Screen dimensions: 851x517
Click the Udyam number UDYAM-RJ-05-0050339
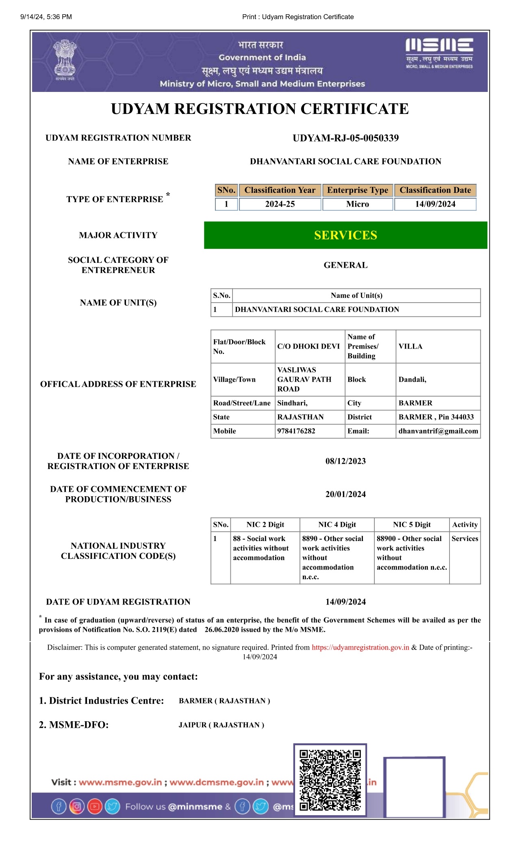click(x=345, y=138)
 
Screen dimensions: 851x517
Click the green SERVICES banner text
click(x=345, y=235)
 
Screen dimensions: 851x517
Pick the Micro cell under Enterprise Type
click(x=357, y=204)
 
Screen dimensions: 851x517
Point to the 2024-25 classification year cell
click(x=280, y=204)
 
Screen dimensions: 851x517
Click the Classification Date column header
click(x=435, y=190)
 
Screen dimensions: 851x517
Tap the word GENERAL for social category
click(x=345, y=265)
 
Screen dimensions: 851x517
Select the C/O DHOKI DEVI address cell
click(x=308, y=347)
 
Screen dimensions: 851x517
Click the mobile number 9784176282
click(x=296, y=431)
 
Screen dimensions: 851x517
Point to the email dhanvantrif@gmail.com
click(x=438, y=431)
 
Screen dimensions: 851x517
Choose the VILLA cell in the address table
click(x=411, y=347)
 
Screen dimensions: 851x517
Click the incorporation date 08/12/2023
click(x=345, y=461)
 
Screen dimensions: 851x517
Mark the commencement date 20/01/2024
click(x=345, y=494)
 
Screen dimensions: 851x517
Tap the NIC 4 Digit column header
click(x=337, y=525)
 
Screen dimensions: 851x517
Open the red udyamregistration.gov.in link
click(x=360, y=648)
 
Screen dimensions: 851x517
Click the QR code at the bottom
click(x=330, y=781)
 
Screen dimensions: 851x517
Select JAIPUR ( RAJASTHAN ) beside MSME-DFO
click(x=222, y=725)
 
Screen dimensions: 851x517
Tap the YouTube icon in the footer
click(x=95, y=807)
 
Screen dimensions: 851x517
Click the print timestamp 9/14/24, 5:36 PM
click(x=46, y=17)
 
